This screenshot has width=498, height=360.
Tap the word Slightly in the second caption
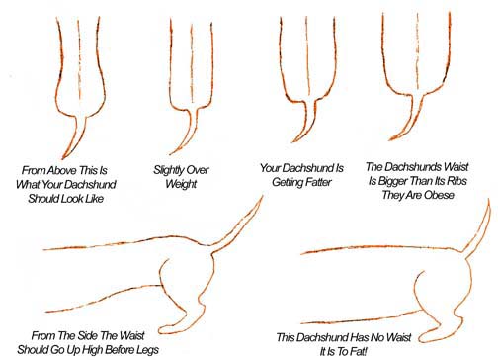(x=168, y=170)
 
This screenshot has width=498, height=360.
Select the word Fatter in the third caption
(x=318, y=182)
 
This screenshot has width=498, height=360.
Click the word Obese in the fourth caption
(x=439, y=195)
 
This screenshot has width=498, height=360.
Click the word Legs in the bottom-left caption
(x=147, y=349)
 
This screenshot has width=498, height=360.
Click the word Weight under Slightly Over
(x=181, y=184)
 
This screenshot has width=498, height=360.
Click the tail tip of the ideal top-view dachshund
(x=63, y=158)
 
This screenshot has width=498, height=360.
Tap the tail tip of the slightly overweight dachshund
(x=171, y=153)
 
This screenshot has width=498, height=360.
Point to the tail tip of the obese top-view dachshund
(x=390, y=139)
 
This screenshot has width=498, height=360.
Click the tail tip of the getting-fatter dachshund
(x=292, y=141)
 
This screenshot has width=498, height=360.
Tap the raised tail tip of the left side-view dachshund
(x=263, y=196)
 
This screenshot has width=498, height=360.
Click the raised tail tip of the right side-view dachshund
(x=488, y=200)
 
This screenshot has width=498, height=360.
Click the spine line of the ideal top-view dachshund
(x=79, y=58)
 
